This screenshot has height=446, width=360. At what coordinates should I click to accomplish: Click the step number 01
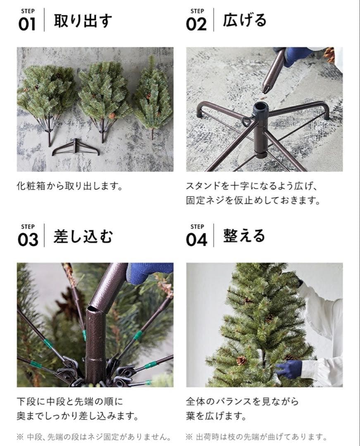click(x=27, y=24)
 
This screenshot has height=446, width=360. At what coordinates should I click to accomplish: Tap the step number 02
click(x=196, y=24)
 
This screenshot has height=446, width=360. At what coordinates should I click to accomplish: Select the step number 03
click(x=28, y=240)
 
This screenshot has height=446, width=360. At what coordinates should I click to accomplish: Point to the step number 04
click(x=196, y=240)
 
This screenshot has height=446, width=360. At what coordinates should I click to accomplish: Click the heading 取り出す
click(x=83, y=21)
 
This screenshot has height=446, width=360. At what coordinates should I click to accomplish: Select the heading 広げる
click(x=245, y=21)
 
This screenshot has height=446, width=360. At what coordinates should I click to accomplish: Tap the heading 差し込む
click(x=83, y=237)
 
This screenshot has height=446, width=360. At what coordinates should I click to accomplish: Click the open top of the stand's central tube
click(x=261, y=107)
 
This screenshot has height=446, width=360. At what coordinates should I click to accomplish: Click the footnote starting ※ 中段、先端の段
click(x=94, y=437)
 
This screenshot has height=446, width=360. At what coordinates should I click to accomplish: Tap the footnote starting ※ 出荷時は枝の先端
click(x=256, y=437)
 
